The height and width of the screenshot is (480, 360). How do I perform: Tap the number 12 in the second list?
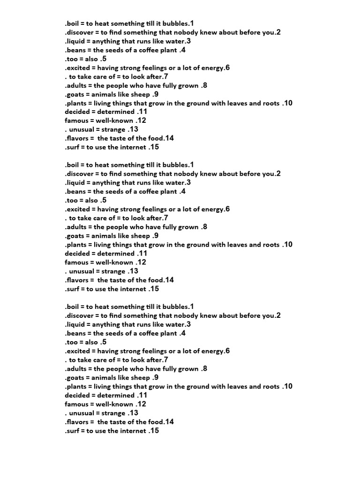click(141, 262)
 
